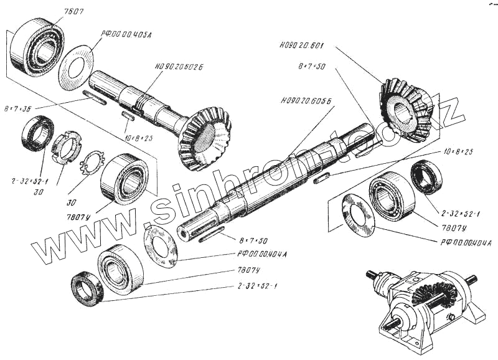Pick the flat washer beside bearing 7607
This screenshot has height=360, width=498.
coord(76,67)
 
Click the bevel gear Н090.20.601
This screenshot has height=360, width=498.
coord(404,108)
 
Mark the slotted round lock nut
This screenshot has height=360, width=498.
coord(65,148)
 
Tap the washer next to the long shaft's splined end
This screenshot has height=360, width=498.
coord(160,247)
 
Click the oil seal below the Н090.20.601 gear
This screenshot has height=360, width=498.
coord(426,176)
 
